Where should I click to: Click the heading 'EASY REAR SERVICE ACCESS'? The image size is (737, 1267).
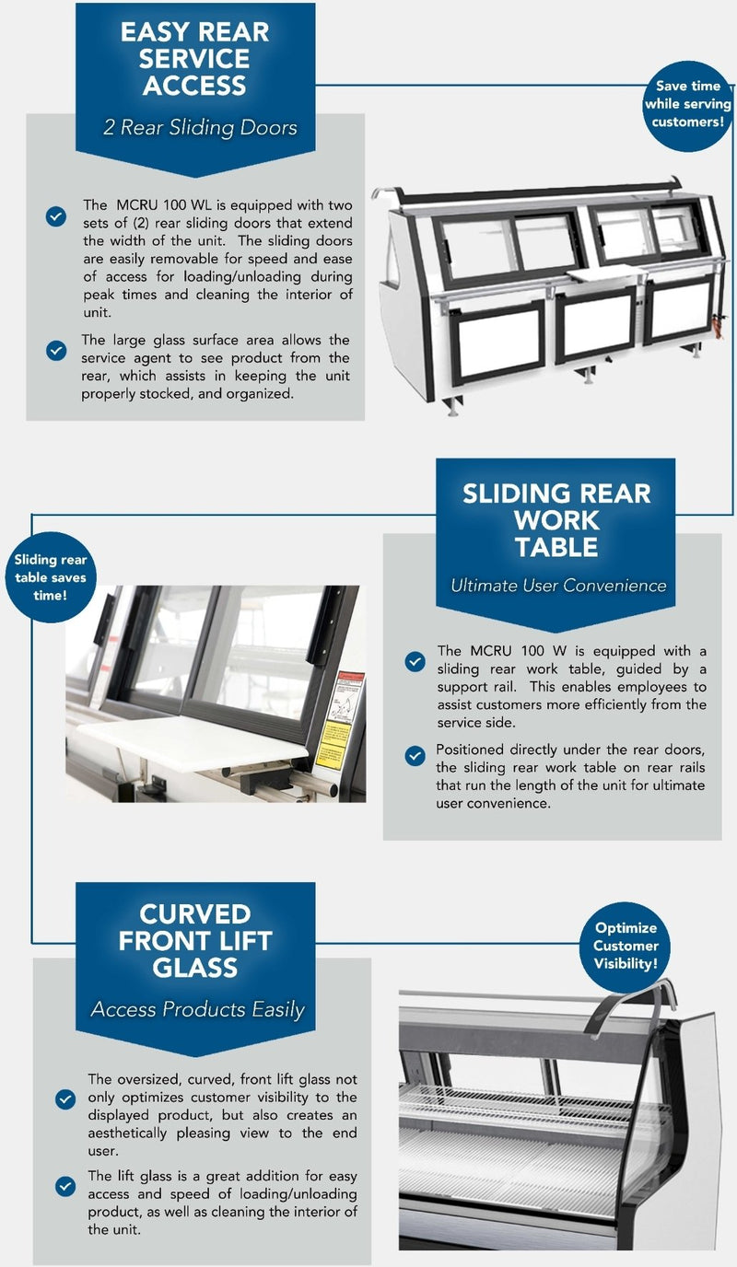pos(194,59)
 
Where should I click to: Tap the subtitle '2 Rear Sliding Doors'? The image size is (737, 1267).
pos(200,128)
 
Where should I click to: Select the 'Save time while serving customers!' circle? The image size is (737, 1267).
pos(688,106)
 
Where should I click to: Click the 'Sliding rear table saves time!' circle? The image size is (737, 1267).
pos(51,577)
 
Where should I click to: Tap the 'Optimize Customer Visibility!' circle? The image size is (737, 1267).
pos(625,946)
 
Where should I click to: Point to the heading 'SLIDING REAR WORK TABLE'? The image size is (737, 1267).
pos(556,520)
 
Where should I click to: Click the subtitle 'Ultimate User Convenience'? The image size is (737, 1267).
pos(558,586)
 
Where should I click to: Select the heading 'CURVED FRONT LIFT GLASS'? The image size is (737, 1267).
pos(195,941)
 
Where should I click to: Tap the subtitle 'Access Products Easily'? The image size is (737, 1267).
pos(197,1009)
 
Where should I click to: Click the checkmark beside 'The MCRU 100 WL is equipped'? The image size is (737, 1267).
pos(56,216)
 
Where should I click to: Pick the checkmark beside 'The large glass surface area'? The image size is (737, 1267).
pos(56,351)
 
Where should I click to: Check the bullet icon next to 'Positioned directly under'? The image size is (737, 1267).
pos(415,756)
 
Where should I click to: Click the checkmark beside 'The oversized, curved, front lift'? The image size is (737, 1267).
pos(65,1099)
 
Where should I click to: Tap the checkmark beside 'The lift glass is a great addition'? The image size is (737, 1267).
pos(65,1186)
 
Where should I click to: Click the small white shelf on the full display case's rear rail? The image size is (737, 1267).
pos(606,274)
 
